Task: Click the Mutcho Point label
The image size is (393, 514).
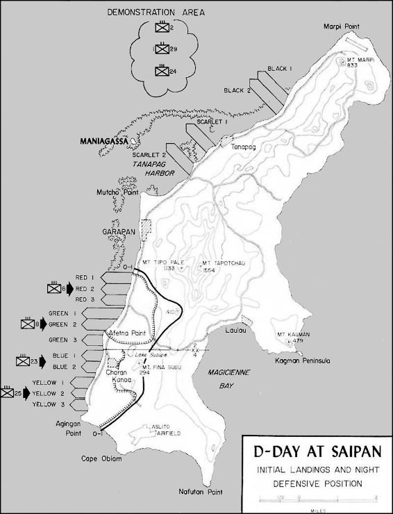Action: coord(115,192)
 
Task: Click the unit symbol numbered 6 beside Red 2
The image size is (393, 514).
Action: coord(54,288)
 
